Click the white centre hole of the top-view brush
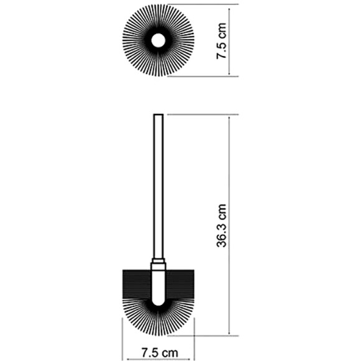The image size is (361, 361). (x=158, y=40)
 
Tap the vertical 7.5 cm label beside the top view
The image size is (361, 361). (x=222, y=41)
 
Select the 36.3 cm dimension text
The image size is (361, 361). (x=222, y=225)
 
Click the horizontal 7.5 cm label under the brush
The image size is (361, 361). (x=159, y=352)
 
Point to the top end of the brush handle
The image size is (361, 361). (x=158, y=115)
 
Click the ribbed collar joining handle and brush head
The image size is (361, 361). (x=158, y=261)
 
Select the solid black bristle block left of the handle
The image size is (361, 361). (x=137, y=284)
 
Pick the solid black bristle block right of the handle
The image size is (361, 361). (x=180, y=284)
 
